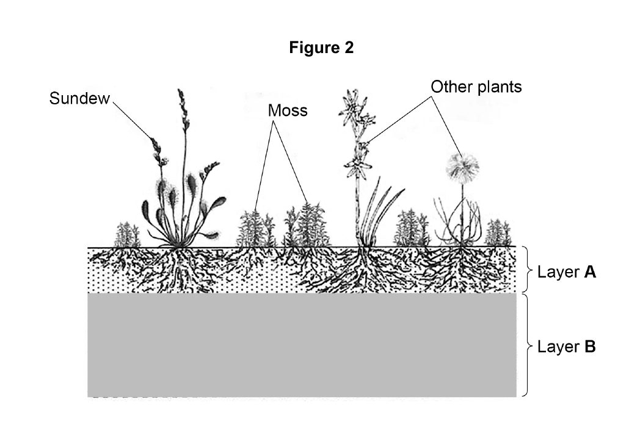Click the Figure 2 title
(321, 47)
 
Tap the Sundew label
(79, 98)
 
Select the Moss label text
(288, 110)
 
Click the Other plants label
(476, 87)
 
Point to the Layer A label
(567, 272)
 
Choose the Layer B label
(567, 346)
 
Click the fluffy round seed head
(462, 167)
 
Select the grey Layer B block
(302, 345)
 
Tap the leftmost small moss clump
(127, 235)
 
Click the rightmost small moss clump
(498, 232)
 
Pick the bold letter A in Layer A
(590, 272)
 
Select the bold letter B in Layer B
(590, 346)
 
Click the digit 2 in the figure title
(349, 47)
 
